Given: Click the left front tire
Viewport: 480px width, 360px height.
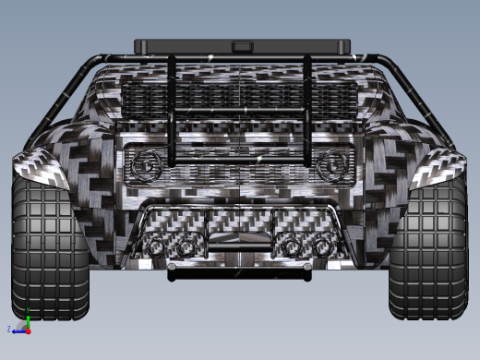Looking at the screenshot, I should pyautogui.click(x=48, y=249).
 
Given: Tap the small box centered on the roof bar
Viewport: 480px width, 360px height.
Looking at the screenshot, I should pyautogui.click(x=242, y=44).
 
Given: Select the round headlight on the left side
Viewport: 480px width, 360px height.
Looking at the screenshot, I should pyautogui.click(x=147, y=166).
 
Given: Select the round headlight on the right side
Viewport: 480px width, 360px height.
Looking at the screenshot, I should pyautogui.click(x=330, y=166).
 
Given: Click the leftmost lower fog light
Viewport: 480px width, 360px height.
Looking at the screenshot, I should pyautogui.click(x=158, y=247).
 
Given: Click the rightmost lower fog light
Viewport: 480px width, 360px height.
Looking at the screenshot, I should pyautogui.click(x=322, y=247).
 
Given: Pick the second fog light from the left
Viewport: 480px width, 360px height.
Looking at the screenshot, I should pyautogui.click(x=187, y=247).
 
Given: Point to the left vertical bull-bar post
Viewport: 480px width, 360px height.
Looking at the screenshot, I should pyautogui.click(x=172, y=111).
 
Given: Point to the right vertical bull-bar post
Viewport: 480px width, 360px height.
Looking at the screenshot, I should pyautogui.click(x=307, y=111).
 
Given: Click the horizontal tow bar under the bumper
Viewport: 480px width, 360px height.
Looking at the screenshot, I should pyautogui.click(x=240, y=273).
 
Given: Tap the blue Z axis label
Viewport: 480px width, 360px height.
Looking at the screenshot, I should pyautogui.click(x=9, y=329).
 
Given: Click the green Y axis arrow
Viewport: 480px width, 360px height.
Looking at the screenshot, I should pyautogui.click(x=28, y=320).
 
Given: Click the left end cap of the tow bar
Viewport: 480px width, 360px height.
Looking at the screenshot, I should pyautogui.click(x=172, y=272).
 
